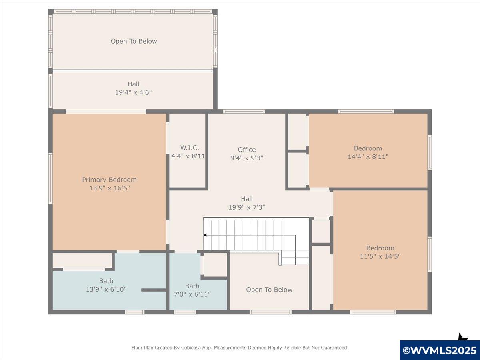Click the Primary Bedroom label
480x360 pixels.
click(109, 180)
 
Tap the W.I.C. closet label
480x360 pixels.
click(190, 148)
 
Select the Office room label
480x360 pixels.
click(247, 150)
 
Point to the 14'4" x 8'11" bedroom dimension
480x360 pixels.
click(368, 157)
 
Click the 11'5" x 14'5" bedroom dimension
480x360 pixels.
click(380, 256)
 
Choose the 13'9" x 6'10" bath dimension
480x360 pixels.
click(106, 289)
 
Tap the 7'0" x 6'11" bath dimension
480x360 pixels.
click(192, 294)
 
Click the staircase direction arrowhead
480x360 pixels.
click(205, 235)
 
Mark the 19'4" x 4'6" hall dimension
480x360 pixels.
click(133, 92)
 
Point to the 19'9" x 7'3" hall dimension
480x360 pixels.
click(247, 207)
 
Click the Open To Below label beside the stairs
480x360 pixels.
click(269, 290)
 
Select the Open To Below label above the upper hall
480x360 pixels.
click(134, 41)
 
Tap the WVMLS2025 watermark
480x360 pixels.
click(440, 350)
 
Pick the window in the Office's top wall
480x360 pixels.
click(244, 111)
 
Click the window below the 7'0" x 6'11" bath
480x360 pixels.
click(185, 312)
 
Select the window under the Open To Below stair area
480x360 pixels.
click(270, 312)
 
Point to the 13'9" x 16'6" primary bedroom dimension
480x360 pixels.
click(110, 188)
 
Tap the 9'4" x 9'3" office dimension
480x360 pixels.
click(247, 158)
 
